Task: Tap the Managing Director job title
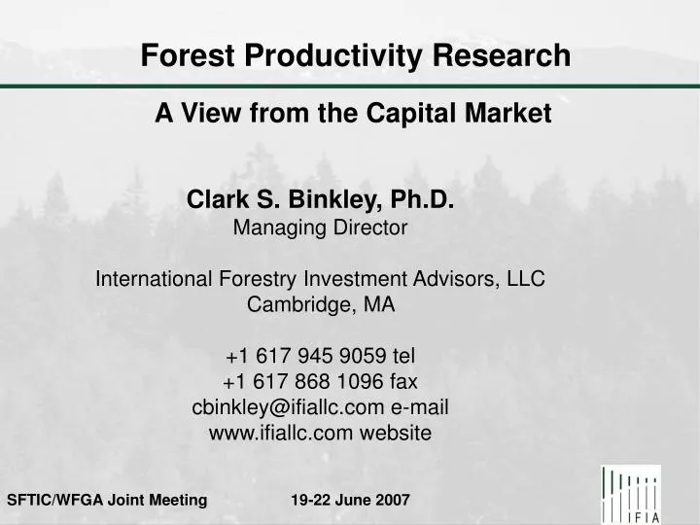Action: (x=321, y=228)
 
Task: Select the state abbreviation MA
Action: (x=379, y=304)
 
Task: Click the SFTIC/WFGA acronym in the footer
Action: (x=52, y=501)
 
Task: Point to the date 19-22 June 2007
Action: (x=350, y=501)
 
